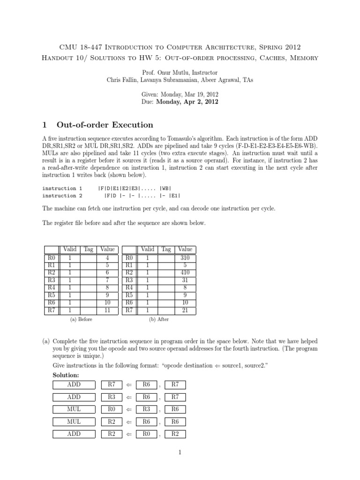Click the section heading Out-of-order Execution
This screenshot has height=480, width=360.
[105, 125]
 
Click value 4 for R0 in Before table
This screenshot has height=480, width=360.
[107, 257]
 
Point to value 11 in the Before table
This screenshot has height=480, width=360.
[107, 310]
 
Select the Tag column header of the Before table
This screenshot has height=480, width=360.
[89, 250]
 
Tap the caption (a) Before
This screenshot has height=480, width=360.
[81, 320]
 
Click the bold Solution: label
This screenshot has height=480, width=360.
[66, 376]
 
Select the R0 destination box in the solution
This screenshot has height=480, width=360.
[112, 410]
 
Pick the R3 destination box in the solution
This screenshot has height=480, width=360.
[112, 397]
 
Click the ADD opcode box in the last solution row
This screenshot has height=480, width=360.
[74, 434]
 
